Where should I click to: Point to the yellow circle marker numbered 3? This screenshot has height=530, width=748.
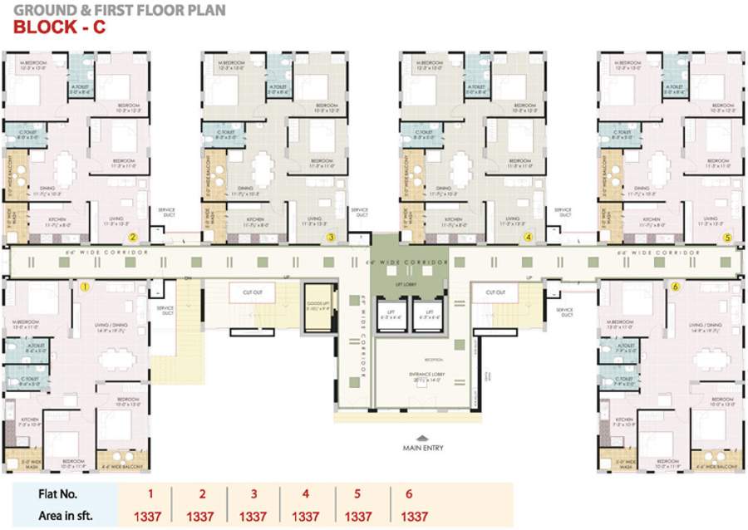pos(331,238)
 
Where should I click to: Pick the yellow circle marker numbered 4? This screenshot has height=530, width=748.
pos(528,238)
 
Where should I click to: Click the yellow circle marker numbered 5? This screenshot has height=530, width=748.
pos(727,238)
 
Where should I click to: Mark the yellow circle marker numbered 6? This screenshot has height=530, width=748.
pos(675,287)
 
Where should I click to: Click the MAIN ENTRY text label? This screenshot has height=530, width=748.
pos(423,449)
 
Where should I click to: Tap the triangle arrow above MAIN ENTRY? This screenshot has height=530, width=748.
pos(423,437)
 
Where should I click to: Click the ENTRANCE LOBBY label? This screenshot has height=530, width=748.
pos(426,375)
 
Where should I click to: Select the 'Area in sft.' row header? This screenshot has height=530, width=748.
pos(66,516)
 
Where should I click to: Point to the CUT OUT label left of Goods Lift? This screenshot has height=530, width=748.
pos(253,292)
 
